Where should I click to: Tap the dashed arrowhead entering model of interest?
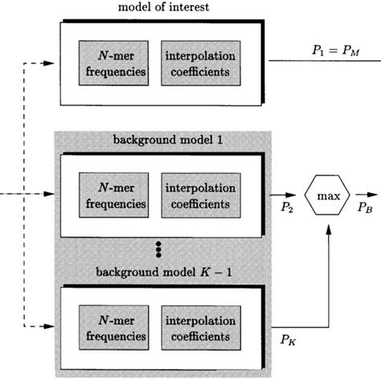pos(51,59)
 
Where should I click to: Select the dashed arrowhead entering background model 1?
pos(51,195)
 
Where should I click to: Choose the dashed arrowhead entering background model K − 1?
pos(51,326)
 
